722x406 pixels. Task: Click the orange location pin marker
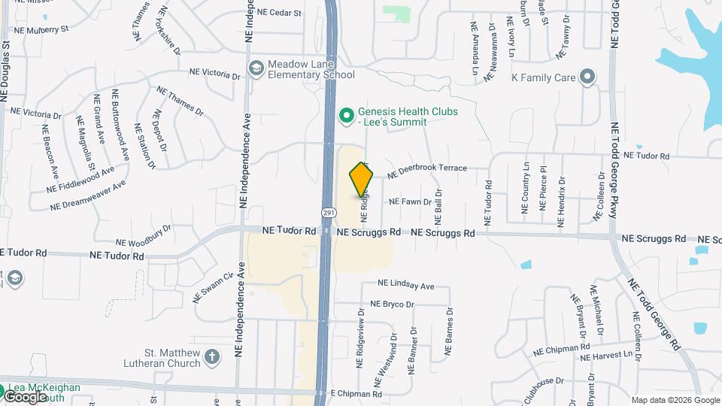tap(362, 180)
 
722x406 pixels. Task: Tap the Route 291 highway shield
tap(329, 213)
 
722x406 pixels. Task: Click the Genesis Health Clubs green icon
tap(346, 116)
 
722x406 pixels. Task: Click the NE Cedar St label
tap(278, 13)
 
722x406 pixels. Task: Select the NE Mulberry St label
tap(40, 30)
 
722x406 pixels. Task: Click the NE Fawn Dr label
tap(410, 201)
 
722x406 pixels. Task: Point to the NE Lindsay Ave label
tap(406, 285)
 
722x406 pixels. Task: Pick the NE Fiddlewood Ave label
tap(80, 180)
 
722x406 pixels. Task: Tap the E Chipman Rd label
tap(356, 393)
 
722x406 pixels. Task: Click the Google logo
tap(25, 396)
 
